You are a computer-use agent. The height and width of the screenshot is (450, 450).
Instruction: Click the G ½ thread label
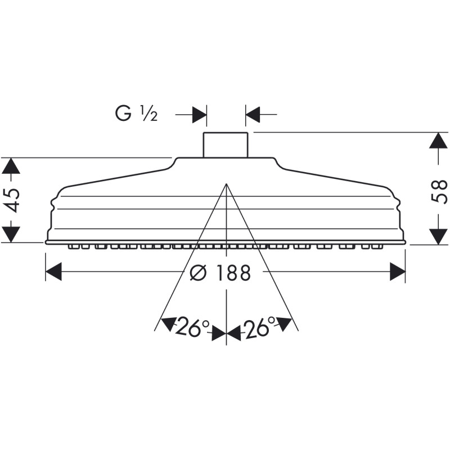136,114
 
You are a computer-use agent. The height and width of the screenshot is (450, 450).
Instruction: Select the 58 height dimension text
439,191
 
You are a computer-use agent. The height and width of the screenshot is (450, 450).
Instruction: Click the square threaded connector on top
226,145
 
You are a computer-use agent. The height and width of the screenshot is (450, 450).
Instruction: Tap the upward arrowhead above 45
11,166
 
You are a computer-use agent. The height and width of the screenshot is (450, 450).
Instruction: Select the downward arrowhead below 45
11,235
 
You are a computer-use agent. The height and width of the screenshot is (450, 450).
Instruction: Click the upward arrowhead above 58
438,140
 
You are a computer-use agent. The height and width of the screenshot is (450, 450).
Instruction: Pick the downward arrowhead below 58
438,237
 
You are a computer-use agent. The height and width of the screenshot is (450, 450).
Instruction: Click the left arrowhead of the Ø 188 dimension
53,271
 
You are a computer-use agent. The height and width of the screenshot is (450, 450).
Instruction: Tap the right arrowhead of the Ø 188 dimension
397,271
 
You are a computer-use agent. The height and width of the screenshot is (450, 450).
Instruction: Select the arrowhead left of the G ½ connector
199,115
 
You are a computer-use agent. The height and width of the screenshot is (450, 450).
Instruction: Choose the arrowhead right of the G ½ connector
253,115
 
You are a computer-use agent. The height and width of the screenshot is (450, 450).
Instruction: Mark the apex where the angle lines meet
227,184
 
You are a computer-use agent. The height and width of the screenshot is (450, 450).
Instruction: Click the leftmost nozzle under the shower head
73,247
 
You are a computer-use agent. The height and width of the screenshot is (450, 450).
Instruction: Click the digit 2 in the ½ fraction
154,117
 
